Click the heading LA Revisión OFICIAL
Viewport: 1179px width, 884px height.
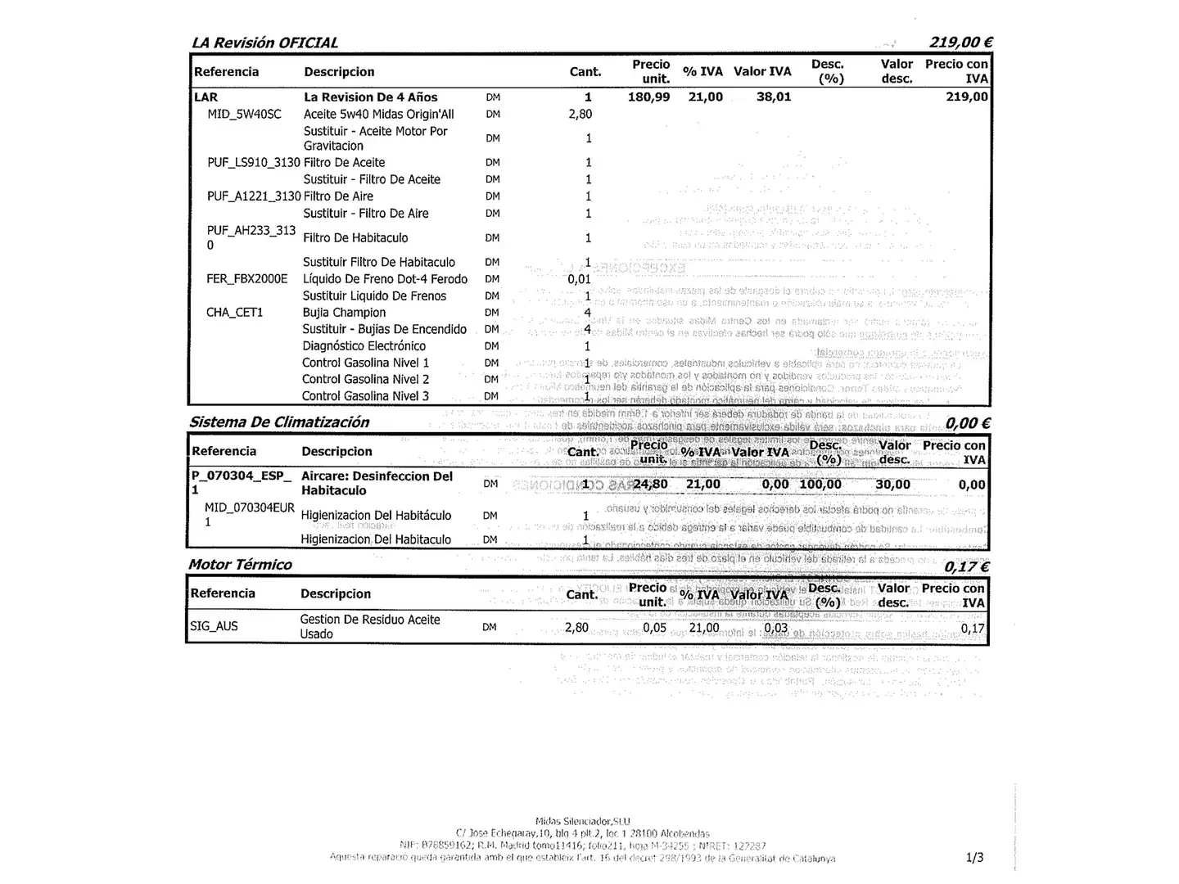coord(264,43)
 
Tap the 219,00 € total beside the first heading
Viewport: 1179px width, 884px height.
coord(960,43)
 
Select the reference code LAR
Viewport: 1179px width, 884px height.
coord(206,97)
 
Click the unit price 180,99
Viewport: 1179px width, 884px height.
coord(648,97)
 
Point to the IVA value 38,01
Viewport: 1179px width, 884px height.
coord(774,97)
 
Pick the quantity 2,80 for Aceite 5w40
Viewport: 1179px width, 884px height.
coord(580,115)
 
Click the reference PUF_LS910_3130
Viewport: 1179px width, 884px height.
coord(254,163)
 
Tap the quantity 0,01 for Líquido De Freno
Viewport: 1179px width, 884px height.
coord(579,279)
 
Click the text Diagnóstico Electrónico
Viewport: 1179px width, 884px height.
coord(364,346)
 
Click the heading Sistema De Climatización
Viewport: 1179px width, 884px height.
coord(279,422)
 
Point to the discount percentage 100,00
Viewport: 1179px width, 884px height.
coord(820,485)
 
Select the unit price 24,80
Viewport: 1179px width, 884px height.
coord(650,485)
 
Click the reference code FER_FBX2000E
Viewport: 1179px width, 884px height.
coord(247,279)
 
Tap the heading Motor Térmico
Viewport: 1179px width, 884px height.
coord(240,565)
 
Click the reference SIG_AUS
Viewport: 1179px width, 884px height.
coord(214,627)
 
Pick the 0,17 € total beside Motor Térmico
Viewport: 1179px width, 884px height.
coord(966,566)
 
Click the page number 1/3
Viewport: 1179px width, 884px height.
coord(974,858)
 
